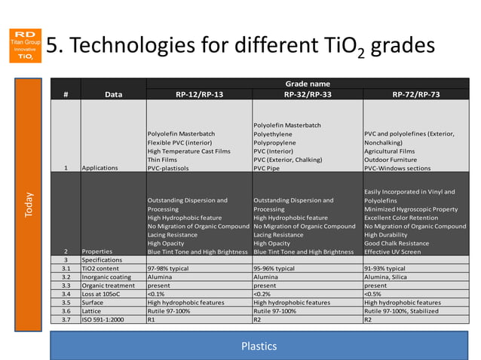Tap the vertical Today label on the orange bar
click(x=29, y=204)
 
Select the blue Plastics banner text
click(x=259, y=346)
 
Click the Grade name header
click(x=307, y=83)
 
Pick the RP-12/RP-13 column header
click(x=199, y=94)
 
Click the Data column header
click(x=113, y=94)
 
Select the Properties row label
click(x=97, y=252)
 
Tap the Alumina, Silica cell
click(x=388, y=277)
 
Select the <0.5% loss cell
click(x=372, y=294)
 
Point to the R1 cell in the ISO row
click(x=152, y=320)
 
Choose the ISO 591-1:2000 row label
click(x=106, y=320)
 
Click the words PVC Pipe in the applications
click(x=268, y=168)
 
